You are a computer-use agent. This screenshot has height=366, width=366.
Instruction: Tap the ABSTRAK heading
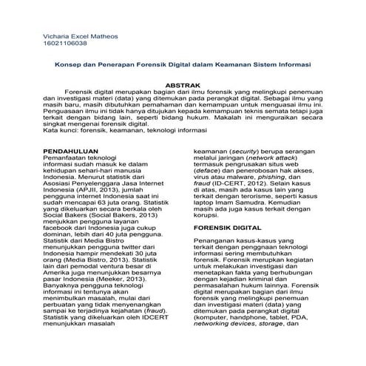pos(183,85)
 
